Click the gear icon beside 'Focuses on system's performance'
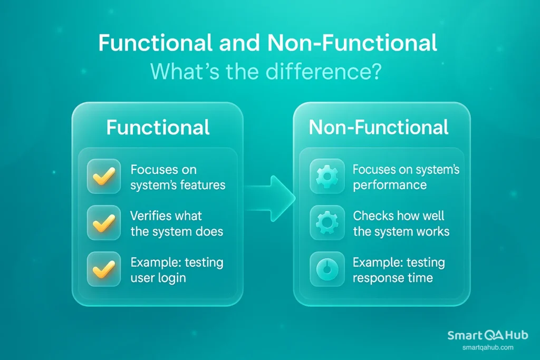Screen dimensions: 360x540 (327, 178)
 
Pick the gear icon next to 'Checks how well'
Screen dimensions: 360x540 (327, 223)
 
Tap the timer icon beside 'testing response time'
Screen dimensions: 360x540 (327, 269)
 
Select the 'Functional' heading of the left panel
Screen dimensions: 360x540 (158, 128)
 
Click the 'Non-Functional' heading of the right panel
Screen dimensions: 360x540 (379, 128)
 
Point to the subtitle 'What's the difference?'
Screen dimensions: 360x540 (266, 72)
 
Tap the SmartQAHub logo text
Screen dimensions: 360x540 (487, 335)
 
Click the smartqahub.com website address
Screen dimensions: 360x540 (487, 347)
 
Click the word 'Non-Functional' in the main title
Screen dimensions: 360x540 (352, 44)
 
